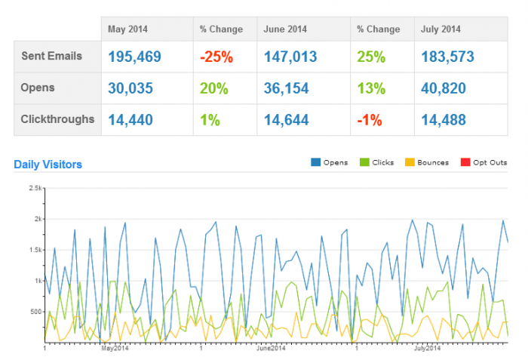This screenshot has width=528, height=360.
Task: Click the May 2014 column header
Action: click(127, 29)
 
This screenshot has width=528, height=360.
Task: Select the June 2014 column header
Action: click(284, 29)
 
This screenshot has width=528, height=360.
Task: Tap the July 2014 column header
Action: click(440, 29)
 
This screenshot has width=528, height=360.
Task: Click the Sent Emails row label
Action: click(51, 56)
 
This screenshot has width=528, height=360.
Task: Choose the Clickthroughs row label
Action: click(57, 118)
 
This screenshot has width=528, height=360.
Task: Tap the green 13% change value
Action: click(370, 88)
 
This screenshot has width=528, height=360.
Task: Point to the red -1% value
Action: click(369, 119)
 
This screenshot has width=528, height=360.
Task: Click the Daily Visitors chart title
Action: click(48, 164)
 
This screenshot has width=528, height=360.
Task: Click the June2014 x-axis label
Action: click(271, 349)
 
